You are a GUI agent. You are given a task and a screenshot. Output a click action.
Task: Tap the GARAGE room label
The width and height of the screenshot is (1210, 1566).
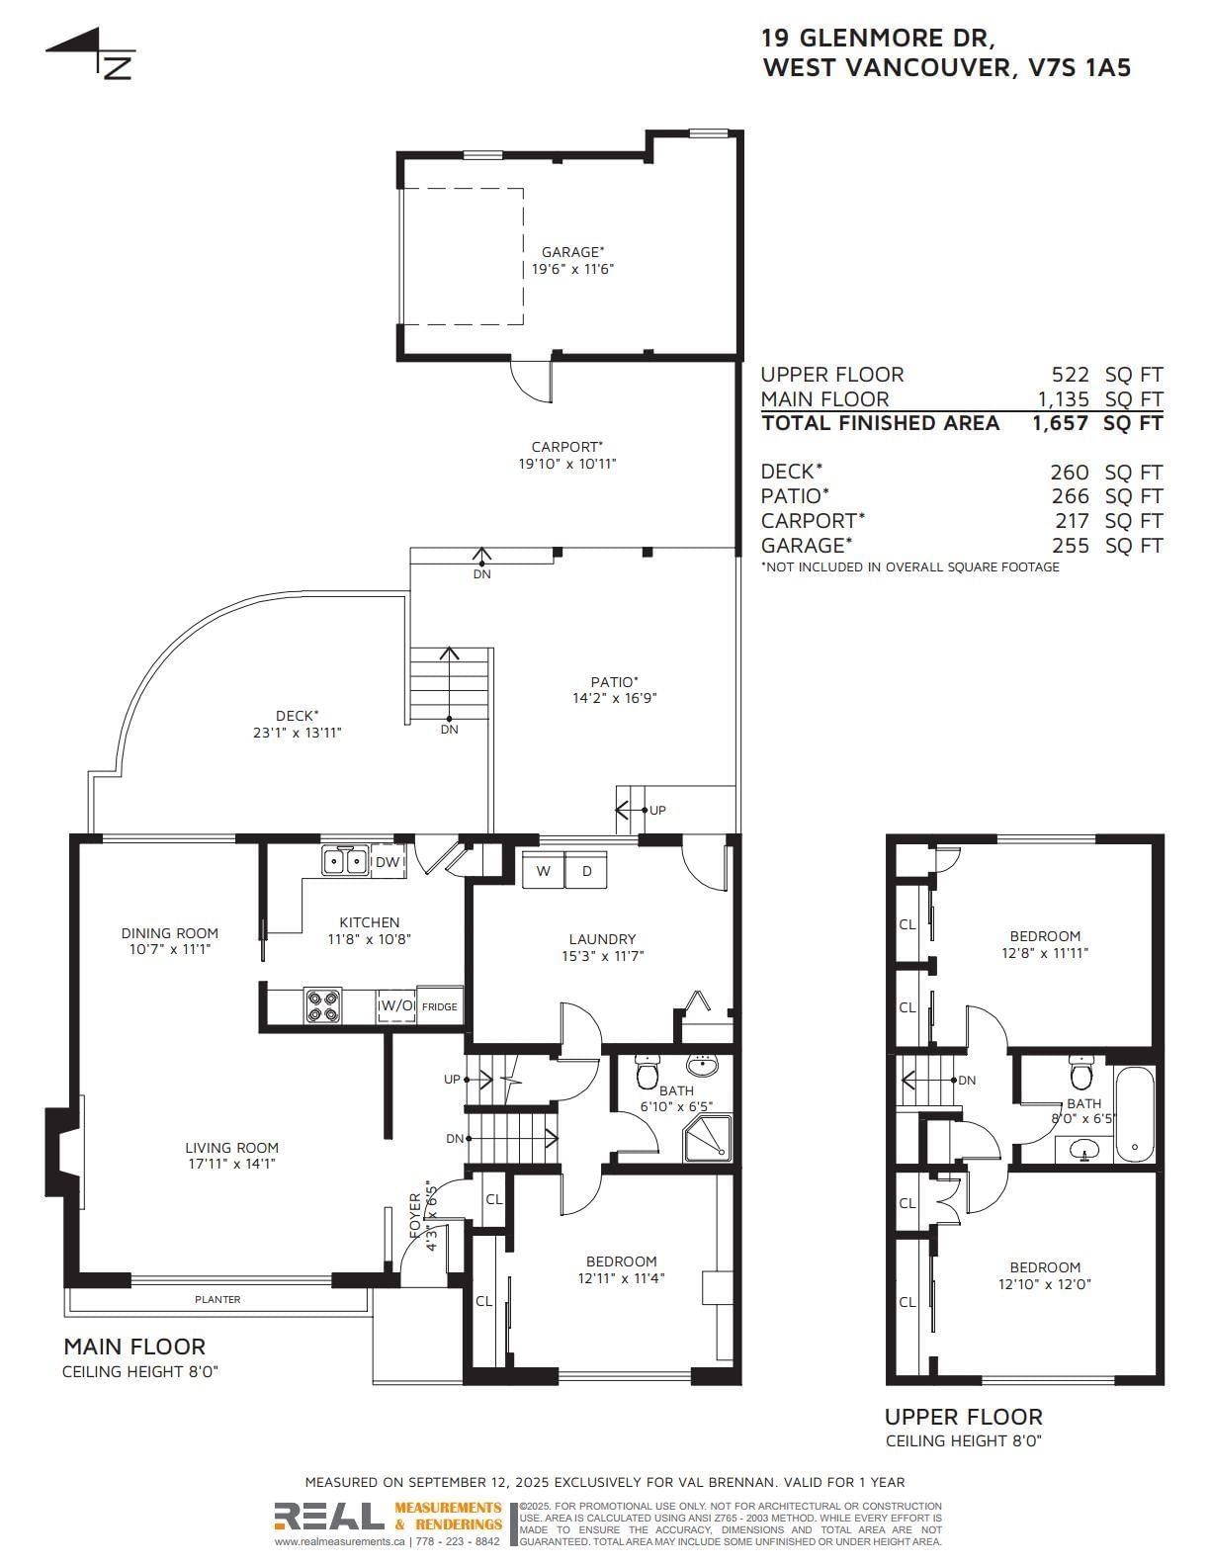[x=573, y=251]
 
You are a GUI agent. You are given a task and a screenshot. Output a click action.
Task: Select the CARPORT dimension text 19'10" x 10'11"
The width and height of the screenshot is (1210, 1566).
[x=567, y=464]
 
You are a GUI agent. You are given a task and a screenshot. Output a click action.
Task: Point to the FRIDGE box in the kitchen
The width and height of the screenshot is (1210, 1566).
[x=439, y=1006]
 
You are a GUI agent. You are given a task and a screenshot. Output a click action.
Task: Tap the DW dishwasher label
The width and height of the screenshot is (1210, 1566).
[x=387, y=862]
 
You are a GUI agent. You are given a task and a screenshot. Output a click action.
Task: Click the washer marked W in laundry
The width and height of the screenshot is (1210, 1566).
[x=544, y=870]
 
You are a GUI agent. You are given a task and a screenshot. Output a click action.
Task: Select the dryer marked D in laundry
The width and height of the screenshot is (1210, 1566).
[x=586, y=870]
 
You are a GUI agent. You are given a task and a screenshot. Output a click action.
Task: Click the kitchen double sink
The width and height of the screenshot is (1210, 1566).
[x=345, y=860]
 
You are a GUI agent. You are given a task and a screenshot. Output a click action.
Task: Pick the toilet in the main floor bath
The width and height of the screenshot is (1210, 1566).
[x=647, y=1072]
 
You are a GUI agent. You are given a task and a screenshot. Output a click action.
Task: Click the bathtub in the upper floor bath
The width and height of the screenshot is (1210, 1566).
[x=1134, y=1114]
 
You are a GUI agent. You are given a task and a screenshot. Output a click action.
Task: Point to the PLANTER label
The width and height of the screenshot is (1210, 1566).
[x=217, y=1299]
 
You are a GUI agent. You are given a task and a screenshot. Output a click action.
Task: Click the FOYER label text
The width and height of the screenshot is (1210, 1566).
[x=415, y=1216]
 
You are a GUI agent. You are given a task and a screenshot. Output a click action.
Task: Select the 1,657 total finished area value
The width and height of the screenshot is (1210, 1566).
[x=1060, y=423]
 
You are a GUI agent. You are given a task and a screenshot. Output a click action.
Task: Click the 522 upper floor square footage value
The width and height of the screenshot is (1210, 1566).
[x=1071, y=375]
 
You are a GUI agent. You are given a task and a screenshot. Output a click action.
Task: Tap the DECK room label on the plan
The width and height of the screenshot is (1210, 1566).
[x=297, y=716]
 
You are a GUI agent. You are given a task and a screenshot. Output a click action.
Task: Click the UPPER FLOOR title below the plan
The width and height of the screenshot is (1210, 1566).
[x=964, y=1416]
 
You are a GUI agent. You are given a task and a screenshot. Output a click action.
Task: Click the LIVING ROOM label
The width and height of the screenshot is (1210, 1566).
[x=231, y=1147]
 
